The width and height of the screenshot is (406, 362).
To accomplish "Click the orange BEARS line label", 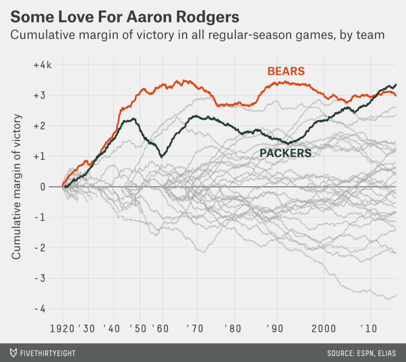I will click(286, 71).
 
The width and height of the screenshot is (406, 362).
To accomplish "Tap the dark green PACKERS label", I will click(285, 153).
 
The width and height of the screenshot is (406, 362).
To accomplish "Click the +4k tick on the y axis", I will click(42, 65).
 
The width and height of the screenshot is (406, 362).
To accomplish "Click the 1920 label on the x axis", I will click(62, 329).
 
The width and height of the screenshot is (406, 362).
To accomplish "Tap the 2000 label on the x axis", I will click(324, 329).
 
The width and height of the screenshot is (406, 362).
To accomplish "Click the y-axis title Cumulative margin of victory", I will click(16, 187).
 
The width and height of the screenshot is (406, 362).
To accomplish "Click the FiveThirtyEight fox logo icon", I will click(13, 353).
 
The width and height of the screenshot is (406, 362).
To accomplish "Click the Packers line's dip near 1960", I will click(161, 157).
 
